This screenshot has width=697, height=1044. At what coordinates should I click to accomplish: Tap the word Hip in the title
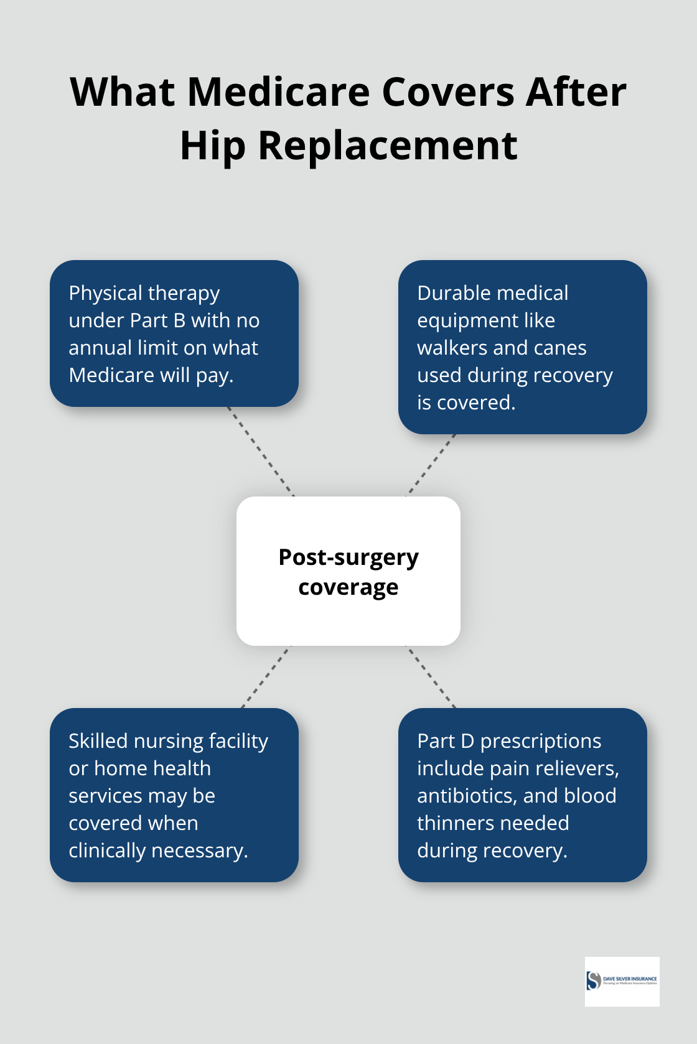(x=212, y=146)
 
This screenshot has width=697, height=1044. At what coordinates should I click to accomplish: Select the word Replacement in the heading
(x=387, y=146)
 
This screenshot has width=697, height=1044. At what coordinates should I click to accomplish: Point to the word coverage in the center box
(x=348, y=587)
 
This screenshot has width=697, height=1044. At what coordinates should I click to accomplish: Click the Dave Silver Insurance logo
(x=622, y=981)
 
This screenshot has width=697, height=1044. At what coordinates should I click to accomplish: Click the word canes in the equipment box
(x=559, y=348)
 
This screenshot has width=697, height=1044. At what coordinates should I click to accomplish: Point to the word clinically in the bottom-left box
(x=107, y=851)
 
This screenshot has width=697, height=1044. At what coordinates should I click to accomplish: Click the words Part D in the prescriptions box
(x=446, y=741)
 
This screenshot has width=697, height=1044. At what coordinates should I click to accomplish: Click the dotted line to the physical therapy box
(x=261, y=452)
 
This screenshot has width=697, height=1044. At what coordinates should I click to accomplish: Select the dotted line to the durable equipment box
(x=431, y=465)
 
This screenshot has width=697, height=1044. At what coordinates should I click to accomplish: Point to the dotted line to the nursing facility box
(x=266, y=677)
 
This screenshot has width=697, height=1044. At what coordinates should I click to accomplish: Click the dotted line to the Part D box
(x=431, y=677)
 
